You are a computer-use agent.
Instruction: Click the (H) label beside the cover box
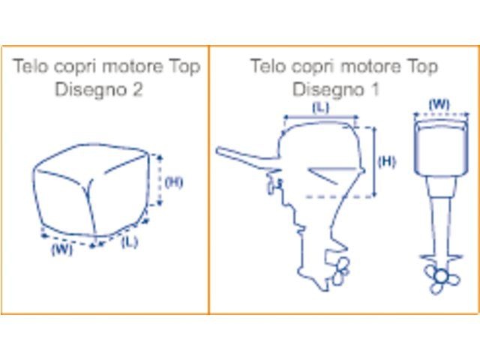click(174, 182)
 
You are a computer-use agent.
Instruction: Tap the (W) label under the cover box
click(62, 249)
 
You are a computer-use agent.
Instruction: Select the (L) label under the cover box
click(130, 242)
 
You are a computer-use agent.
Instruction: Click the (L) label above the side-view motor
click(320, 107)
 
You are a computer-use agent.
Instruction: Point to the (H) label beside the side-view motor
click(387, 162)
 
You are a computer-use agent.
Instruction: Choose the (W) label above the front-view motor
click(439, 105)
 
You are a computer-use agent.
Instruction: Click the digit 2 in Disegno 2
click(138, 89)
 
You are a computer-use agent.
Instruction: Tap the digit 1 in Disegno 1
click(375, 89)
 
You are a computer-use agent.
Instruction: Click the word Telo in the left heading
click(31, 66)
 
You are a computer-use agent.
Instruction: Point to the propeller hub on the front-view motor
click(440, 277)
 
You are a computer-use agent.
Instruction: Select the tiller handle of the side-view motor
click(247, 156)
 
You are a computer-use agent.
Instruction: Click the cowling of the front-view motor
click(440, 148)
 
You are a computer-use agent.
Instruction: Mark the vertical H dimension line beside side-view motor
click(375, 161)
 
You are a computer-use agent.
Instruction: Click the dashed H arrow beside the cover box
click(159, 180)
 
